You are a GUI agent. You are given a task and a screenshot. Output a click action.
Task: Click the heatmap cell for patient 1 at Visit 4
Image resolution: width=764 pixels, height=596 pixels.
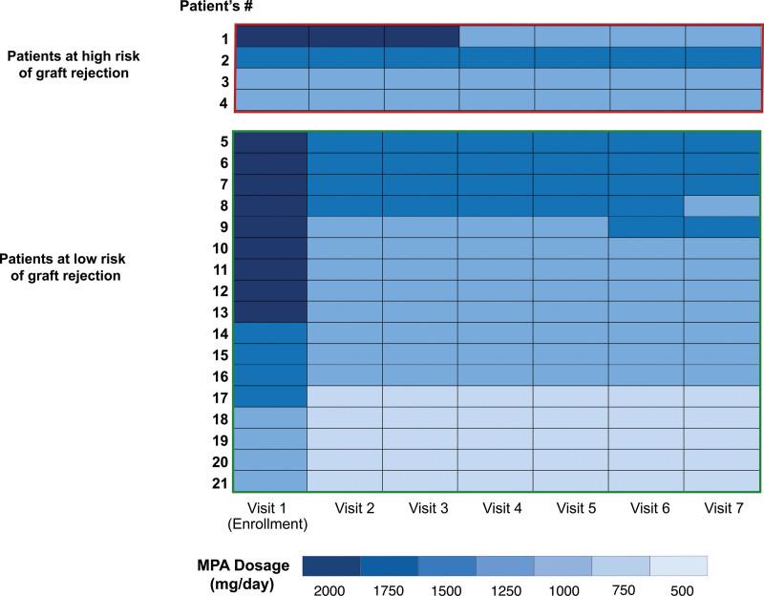point(497,36)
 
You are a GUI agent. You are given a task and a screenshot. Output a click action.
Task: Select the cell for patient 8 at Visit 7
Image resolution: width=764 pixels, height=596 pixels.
point(722,205)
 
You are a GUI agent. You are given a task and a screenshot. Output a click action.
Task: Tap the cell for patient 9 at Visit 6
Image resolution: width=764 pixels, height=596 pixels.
point(647,226)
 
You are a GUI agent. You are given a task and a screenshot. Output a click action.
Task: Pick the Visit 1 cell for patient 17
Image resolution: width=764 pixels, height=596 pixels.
point(270,395)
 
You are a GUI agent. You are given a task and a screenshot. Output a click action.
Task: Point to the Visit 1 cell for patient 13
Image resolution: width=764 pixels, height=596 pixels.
point(270,311)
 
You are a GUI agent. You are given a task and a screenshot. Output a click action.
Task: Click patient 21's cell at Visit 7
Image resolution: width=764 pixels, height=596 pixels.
point(722,480)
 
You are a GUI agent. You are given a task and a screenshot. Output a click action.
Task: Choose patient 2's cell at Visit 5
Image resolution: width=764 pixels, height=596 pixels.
point(571,57)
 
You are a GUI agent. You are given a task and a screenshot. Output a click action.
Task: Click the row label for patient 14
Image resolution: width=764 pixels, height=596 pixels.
point(220,332)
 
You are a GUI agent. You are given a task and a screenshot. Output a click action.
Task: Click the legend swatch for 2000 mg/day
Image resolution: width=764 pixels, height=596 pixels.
point(331,565)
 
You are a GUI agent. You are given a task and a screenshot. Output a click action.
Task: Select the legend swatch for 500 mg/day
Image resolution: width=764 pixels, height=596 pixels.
point(678,565)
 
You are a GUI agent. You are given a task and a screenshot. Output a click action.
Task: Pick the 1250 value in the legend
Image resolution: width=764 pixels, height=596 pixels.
point(504,589)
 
